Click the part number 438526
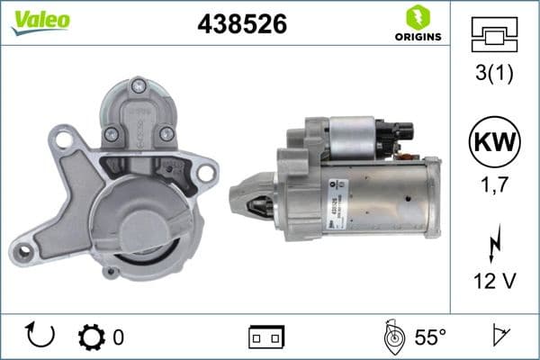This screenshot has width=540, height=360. tap(242, 25)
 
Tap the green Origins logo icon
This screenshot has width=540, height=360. tap(416, 16)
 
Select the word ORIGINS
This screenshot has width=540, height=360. tap(417, 36)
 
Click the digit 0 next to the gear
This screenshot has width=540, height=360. tap(118, 337)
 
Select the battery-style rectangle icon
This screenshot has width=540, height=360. tap(266, 337)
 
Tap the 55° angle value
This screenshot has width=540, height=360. tap(430, 337)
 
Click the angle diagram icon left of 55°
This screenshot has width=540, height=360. tap(391, 337)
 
